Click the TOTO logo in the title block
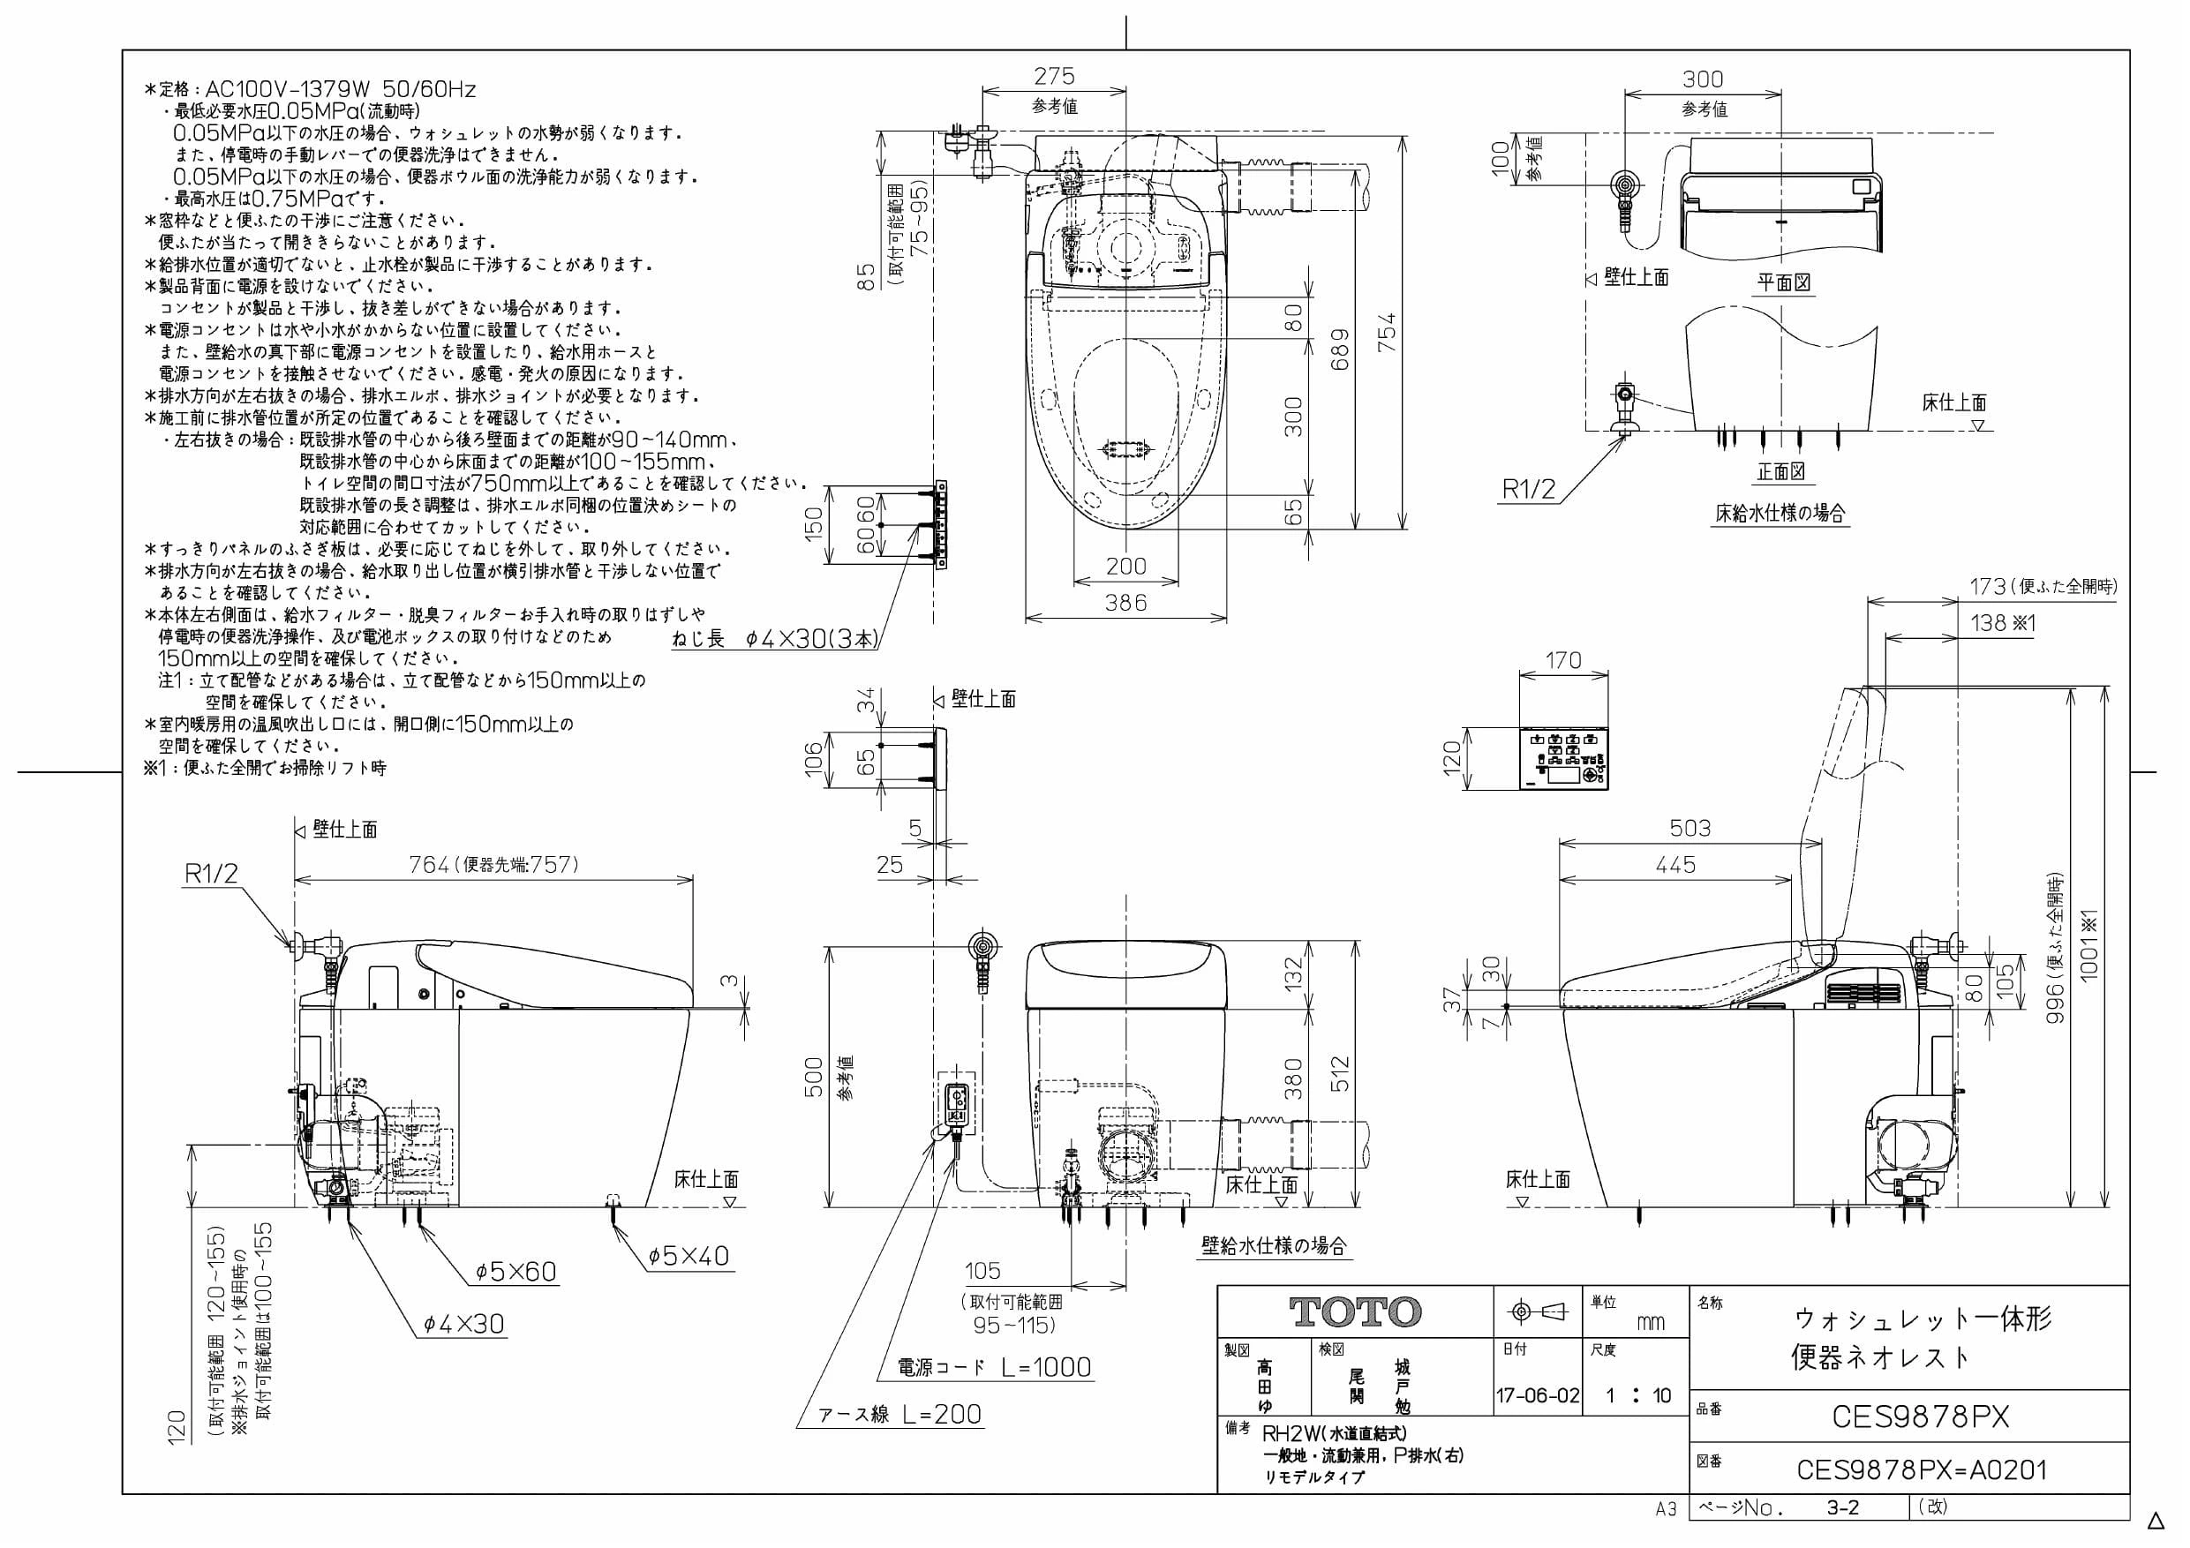click(x=1355, y=1312)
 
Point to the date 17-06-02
click(x=1538, y=1396)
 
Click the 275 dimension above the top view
click(x=1054, y=76)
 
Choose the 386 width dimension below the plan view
click(x=1125, y=602)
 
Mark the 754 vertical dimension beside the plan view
click(x=1388, y=332)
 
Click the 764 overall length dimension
click(x=429, y=864)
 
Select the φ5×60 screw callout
click(x=516, y=1272)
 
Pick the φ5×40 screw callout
click(x=689, y=1255)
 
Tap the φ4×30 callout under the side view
click(x=463, y=1324)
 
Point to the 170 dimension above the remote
click(x=1562, y=660)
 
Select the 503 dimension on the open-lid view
click(x=1690, y=828)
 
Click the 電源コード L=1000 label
click(x=994, y=1367)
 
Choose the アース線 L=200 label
click(x=900, y=1415)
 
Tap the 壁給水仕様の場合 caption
click(x=1275, y=1245)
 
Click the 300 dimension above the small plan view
click(x=1703, y=79)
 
